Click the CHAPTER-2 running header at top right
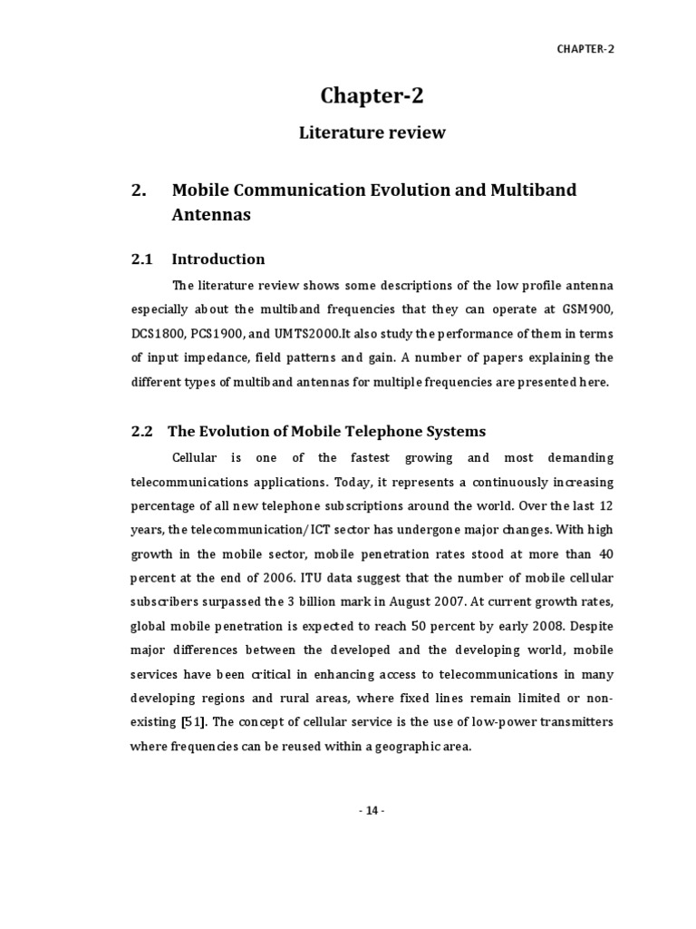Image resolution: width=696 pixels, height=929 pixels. click(x=585, y=49)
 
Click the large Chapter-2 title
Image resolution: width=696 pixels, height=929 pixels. click(x=372, y=95)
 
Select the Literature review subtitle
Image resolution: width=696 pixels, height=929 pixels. click(x=372, y=132)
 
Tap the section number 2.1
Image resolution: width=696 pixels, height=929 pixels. click(x=141, y=259)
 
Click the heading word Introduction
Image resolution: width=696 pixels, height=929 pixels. click(x=218, y=259)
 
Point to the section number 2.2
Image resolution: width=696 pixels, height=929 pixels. click(x=141, y=431)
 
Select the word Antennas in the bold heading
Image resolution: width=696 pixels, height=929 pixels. click(x=211, y=216)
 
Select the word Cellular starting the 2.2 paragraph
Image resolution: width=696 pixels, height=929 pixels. click(x=198, y=457)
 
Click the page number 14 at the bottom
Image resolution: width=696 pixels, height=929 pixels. click(x=372, y=811)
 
